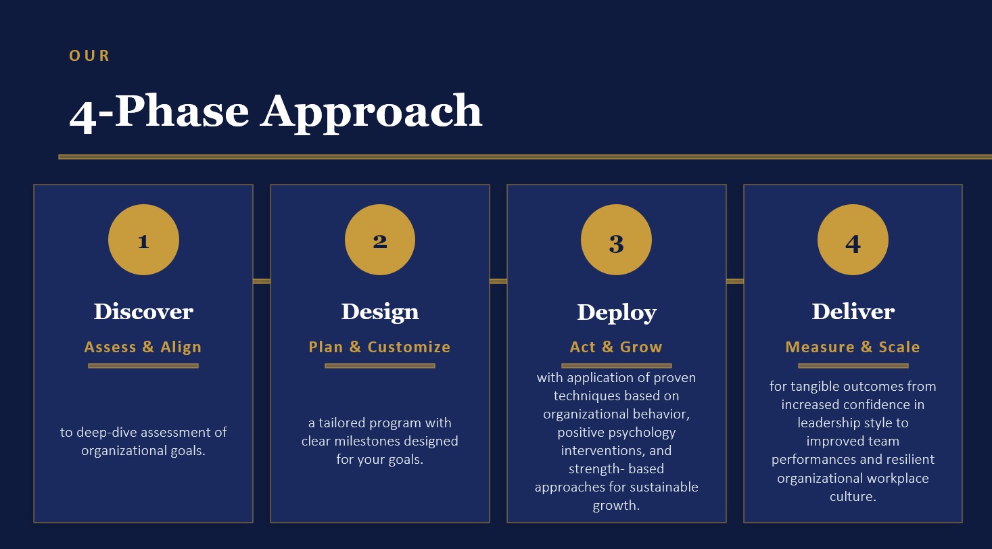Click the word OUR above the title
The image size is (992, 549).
pos(89,56)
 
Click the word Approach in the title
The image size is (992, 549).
pos(371,112)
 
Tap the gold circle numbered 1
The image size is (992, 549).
pos(143,239)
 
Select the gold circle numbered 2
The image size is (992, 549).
pos(380,239)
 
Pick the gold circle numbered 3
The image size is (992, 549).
pos(617,239)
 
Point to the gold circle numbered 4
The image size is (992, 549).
pos(853,239)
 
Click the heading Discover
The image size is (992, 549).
pos(143,312)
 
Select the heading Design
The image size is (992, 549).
pos(380,312)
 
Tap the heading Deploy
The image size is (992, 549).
pos(617,313)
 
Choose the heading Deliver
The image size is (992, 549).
pos(853,312)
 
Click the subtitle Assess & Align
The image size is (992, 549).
pos(143,347)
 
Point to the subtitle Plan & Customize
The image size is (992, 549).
pos(379,347)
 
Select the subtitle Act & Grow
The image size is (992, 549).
pos(616,347)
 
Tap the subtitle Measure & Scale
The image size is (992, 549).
pos(853,347)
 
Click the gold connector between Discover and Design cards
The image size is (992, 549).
pos(262,281)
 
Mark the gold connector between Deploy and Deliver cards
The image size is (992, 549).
pos(735,281)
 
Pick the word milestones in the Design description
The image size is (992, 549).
pos(367,441)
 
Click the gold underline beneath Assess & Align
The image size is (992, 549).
pos(143,366)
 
